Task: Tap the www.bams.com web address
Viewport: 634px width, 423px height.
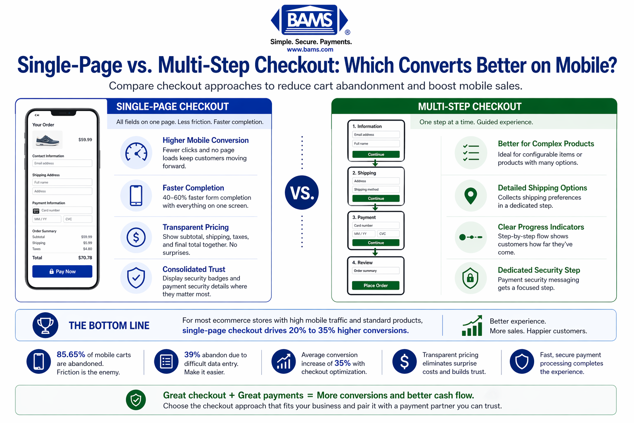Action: point(310,50)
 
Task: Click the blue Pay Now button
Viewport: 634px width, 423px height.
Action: point(62,271)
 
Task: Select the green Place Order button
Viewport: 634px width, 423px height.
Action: point(376,285)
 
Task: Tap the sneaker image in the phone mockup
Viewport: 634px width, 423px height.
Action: point(47,140)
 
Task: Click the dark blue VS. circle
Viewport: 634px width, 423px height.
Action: point(302,192)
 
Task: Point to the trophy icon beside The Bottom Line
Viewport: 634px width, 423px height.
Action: point(45,326)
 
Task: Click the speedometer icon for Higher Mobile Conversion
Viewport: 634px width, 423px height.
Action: point(136,152)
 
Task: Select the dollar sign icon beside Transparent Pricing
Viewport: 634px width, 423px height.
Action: point(136,237)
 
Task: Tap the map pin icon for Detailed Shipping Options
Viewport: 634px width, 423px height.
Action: point(471,195)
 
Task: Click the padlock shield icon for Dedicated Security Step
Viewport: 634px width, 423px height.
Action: point(471,278)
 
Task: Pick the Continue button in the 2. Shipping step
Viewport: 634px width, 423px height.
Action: point(376,199)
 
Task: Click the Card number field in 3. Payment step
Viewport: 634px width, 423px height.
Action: point(376,226)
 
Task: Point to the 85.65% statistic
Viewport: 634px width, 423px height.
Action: point(71,354)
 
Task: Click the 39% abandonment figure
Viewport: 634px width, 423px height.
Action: point(192,354)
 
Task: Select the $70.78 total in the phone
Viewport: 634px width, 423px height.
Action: point(85,258)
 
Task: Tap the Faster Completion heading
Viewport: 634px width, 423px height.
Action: point(193,188)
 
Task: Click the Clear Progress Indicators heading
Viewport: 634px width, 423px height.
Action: point(541,227)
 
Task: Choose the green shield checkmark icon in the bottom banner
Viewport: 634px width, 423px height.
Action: point(136,400)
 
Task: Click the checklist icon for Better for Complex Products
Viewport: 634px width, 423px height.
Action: point(471,152)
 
